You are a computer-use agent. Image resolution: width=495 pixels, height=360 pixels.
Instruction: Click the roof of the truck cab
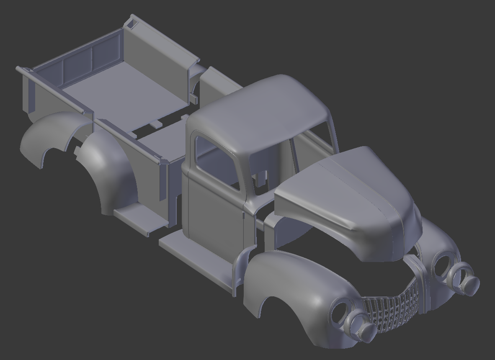coord(260,113)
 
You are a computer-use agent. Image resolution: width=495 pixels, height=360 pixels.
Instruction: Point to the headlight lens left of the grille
coord(360,326)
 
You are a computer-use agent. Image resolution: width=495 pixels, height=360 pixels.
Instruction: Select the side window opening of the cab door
coord(216,161)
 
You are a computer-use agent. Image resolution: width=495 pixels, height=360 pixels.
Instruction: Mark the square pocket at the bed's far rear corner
coord(131,24)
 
